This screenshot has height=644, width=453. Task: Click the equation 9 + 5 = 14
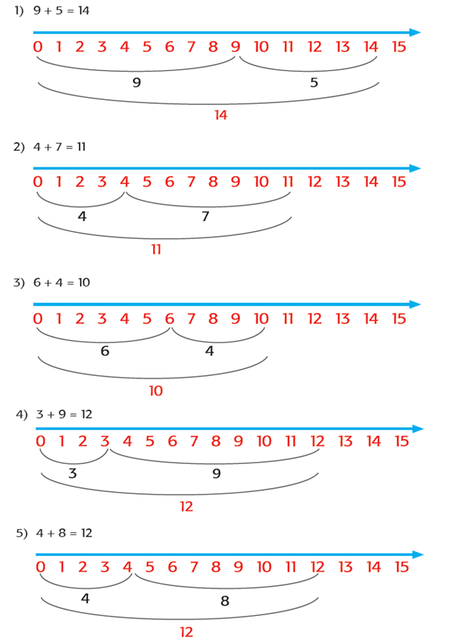[x=61, y=10]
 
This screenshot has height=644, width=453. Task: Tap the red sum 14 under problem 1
[x=221, y=115]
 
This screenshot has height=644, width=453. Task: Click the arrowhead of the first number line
[x=415, y=32]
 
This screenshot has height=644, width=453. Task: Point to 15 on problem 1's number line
[x=399, y=47]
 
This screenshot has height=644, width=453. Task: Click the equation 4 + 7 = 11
[x=59, y=147]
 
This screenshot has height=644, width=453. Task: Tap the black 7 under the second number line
[x=206, y=217]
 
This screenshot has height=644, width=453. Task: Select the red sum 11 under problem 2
[x=156, y=249]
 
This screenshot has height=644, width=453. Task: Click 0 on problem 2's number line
[x=38, y=182]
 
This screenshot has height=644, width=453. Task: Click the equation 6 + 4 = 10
[x=61, y=283]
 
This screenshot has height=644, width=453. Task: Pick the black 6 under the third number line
[x=105, y=352]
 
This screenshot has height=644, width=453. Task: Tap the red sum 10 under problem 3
[x=156, y=391]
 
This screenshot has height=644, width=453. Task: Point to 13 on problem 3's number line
[x=343, y=319]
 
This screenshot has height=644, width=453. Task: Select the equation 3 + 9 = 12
[x=64, y=414]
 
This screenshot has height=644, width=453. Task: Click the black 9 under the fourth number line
[x=216, y=474]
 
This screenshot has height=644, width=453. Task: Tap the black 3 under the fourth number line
[x=72, y=474]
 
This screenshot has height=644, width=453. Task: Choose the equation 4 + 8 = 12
[x=64, y=533]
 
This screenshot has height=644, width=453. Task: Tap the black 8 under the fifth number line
[x=224, y=601]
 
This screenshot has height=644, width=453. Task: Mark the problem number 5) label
[x=22, y=533]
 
